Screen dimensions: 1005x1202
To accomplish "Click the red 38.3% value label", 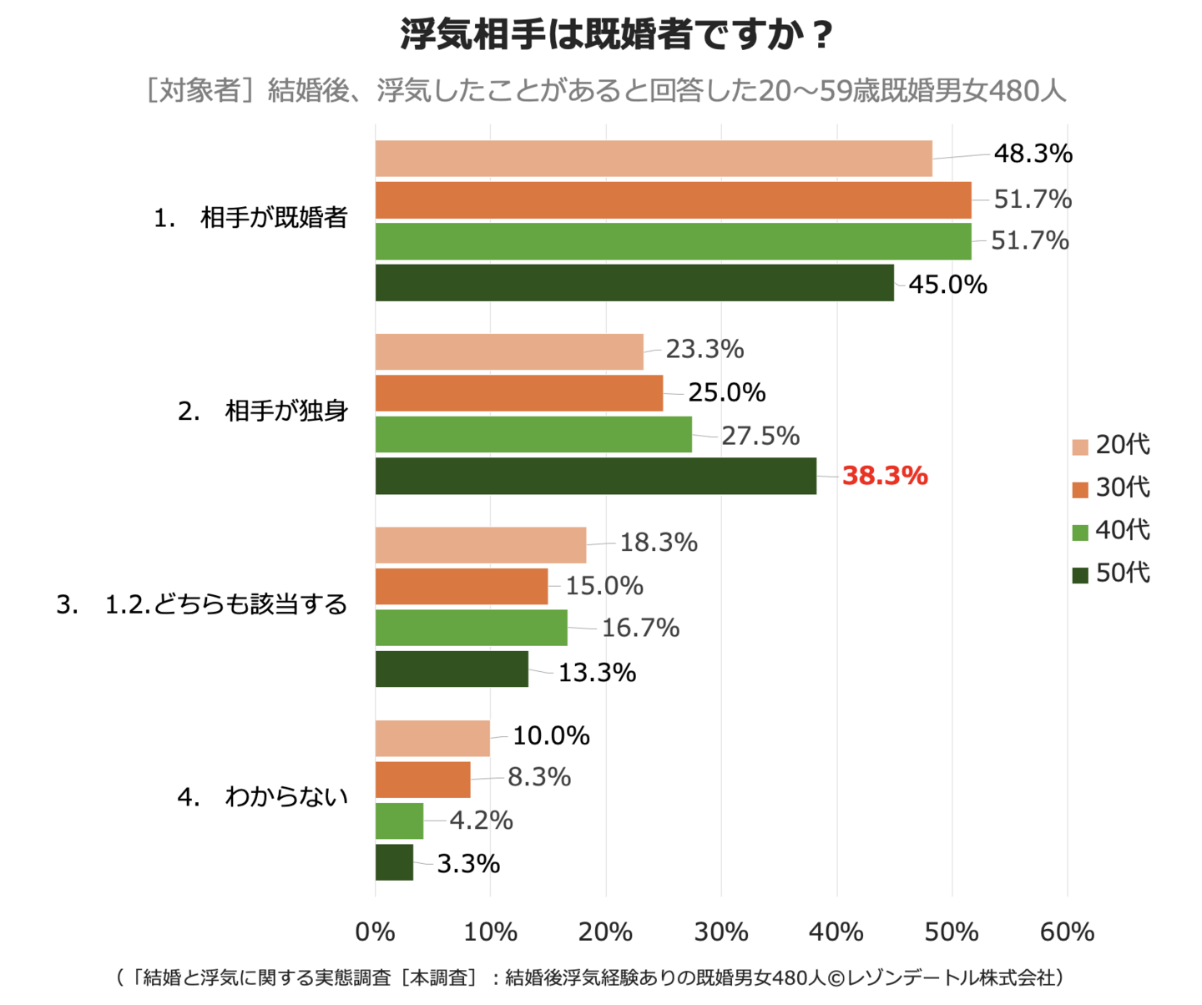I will pos(884,476).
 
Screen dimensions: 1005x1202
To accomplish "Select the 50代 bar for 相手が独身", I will pos(595,476).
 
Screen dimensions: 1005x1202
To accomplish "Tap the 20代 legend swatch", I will pos(1080,447).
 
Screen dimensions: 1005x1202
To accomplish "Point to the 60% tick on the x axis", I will pos(1067,932).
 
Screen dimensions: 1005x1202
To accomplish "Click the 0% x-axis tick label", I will pos(375,932).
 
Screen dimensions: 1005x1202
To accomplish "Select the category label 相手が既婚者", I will pos(274,218).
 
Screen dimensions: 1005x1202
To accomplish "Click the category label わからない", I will pos(285,797).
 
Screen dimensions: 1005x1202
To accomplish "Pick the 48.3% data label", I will pos(1033,154).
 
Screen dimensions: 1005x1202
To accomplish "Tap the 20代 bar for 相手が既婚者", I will pos(653,159).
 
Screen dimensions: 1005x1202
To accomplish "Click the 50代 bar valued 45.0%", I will pos(634,283).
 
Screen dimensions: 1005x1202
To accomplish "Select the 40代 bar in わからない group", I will pos(399,821).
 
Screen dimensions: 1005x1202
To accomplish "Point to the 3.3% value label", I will pos(468,863).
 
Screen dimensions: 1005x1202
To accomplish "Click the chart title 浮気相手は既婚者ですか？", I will pos(618,35).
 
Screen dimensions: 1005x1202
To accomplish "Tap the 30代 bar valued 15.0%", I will pos(461,586).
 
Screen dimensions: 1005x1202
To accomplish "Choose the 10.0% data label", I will pos(551,735).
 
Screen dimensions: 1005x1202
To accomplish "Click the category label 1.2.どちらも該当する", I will pos(225,604).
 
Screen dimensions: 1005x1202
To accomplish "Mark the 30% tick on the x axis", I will pos(721,932).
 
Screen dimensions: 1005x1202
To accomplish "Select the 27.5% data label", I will pos(760,436).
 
